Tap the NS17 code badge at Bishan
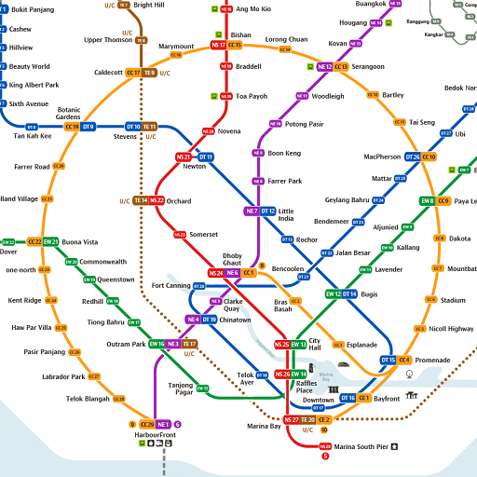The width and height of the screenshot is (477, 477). [218, 45]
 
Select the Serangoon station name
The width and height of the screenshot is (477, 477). [368, 67]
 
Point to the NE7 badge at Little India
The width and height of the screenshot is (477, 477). [252, 211]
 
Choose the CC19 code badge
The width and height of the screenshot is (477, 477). [72, 127]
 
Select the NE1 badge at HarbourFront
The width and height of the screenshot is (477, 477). [163, 424]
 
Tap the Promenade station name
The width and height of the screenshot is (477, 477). [432, 360]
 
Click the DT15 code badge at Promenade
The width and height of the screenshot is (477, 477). [388, 360]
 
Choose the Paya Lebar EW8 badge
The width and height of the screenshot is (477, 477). [428, 200]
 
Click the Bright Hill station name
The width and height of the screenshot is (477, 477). [149, 5]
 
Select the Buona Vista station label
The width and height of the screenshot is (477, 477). [79, 242]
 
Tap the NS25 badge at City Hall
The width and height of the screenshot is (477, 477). [281, 345]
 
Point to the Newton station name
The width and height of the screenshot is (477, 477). [194, 167]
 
